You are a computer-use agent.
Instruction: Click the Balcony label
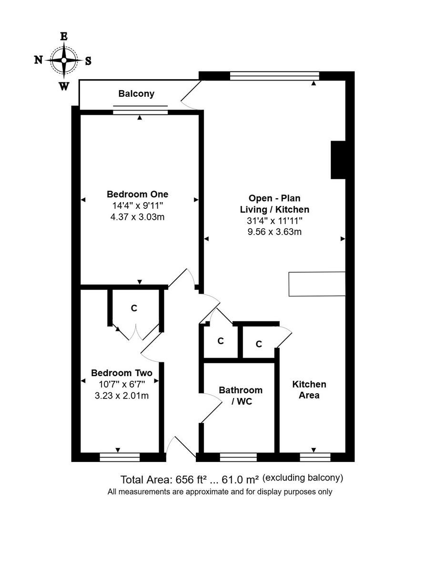(x=136, y=93)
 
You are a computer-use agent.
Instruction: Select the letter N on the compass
(x=38, y=60)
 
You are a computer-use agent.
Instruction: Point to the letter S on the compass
(x=88, y=61)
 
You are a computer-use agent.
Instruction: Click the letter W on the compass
(x=63, y=86)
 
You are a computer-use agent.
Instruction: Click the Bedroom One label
(x=137, y=194)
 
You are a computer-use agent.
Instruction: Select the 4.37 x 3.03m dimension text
(x=137, y=217)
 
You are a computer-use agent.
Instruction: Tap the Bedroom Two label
(x=122, y=373)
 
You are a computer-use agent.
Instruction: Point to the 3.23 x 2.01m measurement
(x=122, y=395)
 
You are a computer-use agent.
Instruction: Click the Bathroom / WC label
(x=240, y=396)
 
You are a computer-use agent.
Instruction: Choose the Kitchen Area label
(x=309, y=389)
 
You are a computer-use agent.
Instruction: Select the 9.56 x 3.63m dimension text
(x=274, y=232)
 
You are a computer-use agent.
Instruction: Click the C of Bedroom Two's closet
(x=134, y=308)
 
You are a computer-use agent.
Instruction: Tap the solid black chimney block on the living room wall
(x=338, y=160)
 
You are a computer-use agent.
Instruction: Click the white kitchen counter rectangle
(x=317, y=284)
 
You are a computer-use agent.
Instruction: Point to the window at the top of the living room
(x=274, y=75)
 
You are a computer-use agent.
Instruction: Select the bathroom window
(x=238, y=458)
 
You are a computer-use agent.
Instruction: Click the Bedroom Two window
(x=120, y=458)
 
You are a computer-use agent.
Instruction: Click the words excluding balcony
(x=303, y=478)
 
